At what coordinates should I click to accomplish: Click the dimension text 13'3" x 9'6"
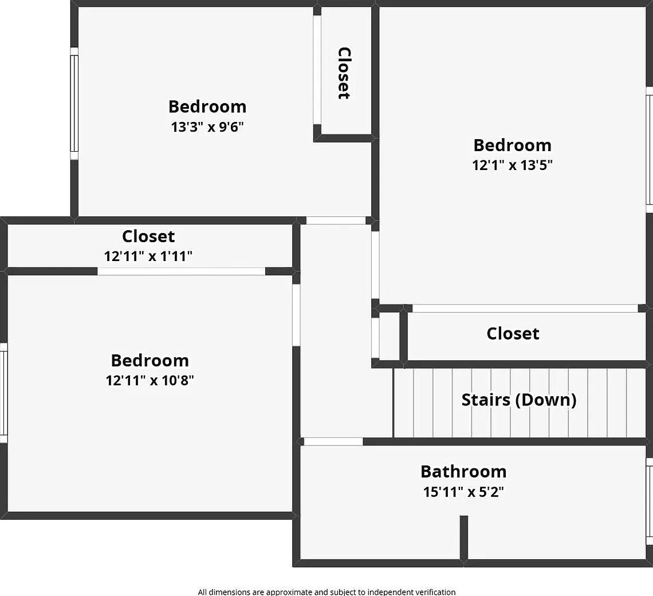click(x=207, y=127)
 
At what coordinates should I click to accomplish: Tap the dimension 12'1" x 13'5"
click(x=512, y=165)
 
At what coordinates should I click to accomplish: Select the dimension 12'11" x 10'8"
click(x=150, y=380)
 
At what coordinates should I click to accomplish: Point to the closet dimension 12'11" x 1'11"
click(x=148, y=256)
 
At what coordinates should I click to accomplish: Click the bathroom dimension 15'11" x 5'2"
click(x=463, y=492)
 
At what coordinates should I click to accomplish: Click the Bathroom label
click(x=463, y=472)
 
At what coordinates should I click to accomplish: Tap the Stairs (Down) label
click(x=519, y=400)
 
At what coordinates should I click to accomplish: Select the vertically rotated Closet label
click(x=344, y=73)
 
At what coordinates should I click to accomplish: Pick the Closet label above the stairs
click(x=513, y=333)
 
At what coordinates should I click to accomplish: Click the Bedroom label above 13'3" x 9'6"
click(x=207, y=106)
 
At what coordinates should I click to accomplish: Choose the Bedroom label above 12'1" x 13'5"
click(x=512, y=145)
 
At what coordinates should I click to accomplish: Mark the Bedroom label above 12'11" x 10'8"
click(x=150, y=361)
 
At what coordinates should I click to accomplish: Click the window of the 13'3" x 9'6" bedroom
click(x=74, y=104)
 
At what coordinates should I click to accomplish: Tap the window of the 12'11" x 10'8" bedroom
click(x=4, y=393)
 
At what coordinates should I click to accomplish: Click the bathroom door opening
click(x=333, y=441)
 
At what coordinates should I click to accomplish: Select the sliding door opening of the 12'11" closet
click(x=181, y=271)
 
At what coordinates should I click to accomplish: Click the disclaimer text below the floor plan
click(x=326, y=592)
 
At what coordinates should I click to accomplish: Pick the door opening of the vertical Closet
click(x=317, y=69)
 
